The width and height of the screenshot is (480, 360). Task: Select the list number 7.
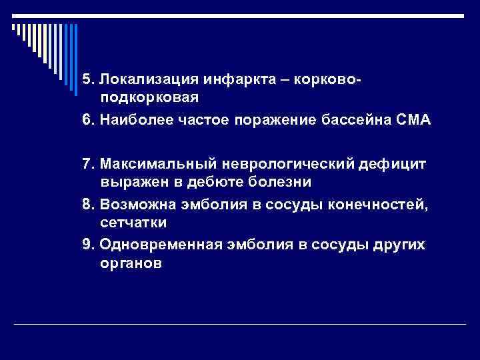click(x=87, y=164)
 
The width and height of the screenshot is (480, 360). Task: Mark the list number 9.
click(x=87, y=245)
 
